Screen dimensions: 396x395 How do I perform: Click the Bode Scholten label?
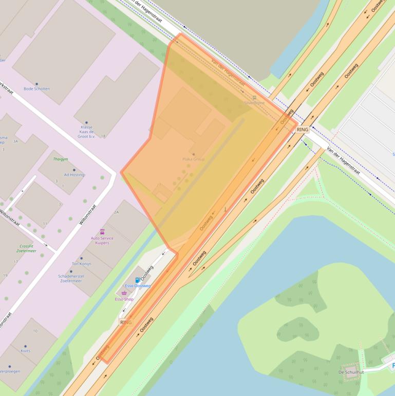coord(36,88)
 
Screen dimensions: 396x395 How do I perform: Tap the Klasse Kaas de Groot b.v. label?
coord(86,132)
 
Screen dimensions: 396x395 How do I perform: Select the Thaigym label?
coord(60,159)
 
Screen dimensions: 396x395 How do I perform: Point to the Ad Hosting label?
coord(74,175)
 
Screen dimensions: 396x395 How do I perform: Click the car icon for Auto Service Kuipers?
coord(102,232)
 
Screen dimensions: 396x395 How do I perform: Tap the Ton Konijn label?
coord(81,264)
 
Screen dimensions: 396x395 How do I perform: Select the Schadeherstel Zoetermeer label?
coord(71,278)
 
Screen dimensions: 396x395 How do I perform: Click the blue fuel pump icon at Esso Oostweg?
coord(137,280)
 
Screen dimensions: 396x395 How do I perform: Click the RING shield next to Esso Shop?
coord(126,322)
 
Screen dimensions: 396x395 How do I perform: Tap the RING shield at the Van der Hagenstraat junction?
coord(303,130)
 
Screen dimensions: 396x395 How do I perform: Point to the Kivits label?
coord(25,351)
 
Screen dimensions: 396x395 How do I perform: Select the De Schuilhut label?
coord(351,372)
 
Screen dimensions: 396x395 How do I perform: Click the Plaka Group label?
coord(193,159)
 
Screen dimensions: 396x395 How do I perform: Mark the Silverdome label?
coord(254,103)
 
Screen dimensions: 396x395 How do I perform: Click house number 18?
coord(103,136)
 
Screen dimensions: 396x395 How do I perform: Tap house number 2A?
coord(116,212)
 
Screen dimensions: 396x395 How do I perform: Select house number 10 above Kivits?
coord(35,331)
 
